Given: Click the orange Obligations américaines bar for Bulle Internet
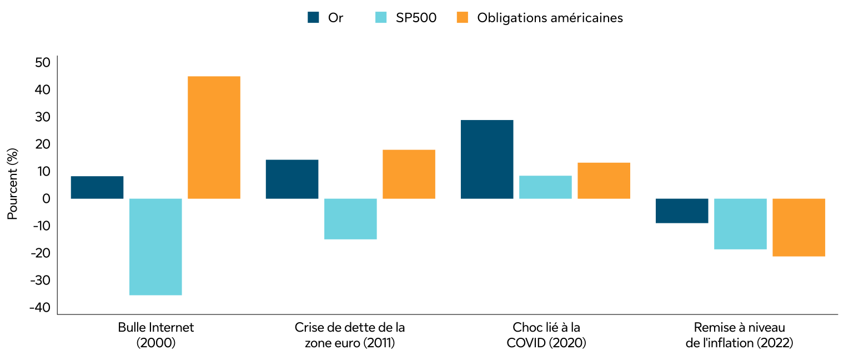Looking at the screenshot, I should [x=214, y=137].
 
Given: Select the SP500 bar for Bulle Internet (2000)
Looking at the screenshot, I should [x=155, y=247].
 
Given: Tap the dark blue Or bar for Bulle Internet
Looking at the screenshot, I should [x=97, y=187].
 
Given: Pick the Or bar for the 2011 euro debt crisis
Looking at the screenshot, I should [x=292, y=179].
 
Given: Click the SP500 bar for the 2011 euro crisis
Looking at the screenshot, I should [x=350, y=219].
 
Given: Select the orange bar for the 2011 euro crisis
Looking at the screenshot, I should [x=409, y=174].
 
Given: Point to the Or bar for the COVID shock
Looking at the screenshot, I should [x=487, y=159].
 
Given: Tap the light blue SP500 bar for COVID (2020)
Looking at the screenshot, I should [x=545, y=187].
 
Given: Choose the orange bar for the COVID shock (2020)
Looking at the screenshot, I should [x=604, y=181].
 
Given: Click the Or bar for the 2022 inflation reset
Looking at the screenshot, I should [x=682, y=211].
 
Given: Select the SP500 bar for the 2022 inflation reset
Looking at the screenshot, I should [x=740, y=224].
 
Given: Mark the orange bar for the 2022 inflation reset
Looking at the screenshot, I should [x=798, y=227].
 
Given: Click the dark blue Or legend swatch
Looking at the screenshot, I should [x=313, y=18].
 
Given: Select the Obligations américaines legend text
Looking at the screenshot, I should [x=550, y=18].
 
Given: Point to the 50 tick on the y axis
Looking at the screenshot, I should [x=42, y=62].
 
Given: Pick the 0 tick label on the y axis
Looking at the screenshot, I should [x=46, y=198].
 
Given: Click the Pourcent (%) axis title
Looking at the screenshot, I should [x=13, y=184].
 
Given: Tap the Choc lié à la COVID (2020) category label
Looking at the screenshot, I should [x=546, y=335].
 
